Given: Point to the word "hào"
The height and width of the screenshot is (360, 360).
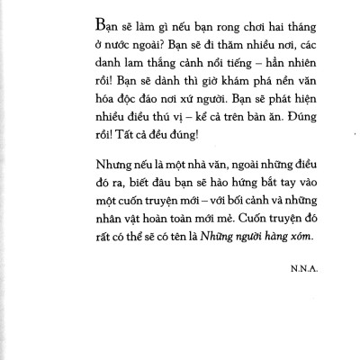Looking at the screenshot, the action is [226, 210].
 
